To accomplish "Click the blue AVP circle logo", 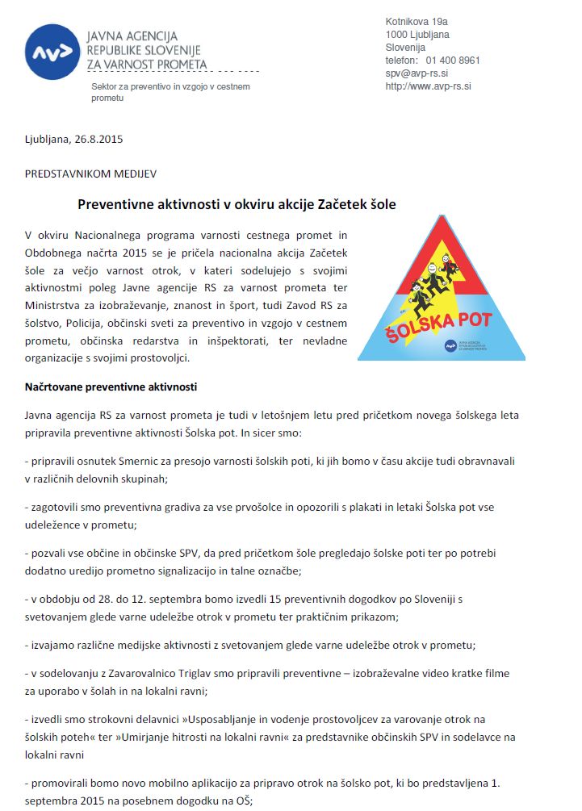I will [x=52, y=52].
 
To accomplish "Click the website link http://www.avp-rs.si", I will [x=428, y=86].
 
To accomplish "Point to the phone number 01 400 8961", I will [x=453, y=61].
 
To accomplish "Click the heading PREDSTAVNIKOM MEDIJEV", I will [x=78, y=173].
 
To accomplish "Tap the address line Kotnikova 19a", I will [x=417, y=22].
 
